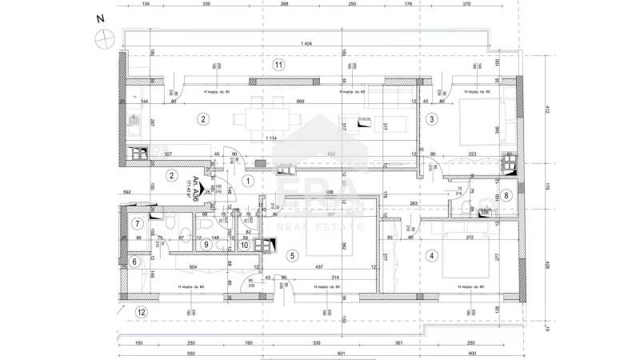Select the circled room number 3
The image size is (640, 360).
pos(432,119)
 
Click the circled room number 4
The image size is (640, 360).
pos(432,256)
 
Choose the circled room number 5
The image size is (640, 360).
pos(292,256)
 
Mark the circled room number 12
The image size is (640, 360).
pos(142,312)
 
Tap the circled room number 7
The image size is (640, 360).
pos(138,224)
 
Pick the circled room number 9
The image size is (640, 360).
pos(206,245)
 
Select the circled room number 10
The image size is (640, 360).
pos(245,245)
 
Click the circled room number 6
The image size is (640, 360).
pos(134,261)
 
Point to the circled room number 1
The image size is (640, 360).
pos(248,182)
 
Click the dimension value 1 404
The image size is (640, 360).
pos(305,43)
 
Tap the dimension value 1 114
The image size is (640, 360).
pos(274,138)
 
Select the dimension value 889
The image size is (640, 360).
pos(278,102)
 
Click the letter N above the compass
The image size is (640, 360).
pos(98,18)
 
